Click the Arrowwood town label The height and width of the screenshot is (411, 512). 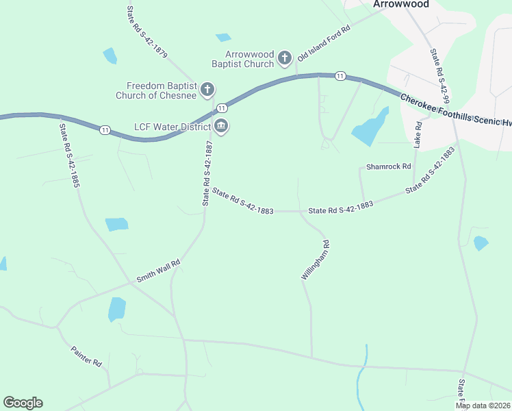pos(401,4)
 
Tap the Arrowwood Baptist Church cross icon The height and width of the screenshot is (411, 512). pos(285,60)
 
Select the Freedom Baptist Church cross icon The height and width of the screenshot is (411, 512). pos(207,90)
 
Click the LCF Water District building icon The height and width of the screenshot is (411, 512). pos(221,125)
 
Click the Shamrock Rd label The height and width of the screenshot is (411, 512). pos(388,166)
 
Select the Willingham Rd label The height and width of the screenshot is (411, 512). pos(316,260)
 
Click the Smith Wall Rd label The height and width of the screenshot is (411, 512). pos(158,271)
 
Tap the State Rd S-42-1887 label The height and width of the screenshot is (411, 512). pos(207,173)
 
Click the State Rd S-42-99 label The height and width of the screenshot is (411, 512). pos(439,76)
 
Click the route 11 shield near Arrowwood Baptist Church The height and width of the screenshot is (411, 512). pos(340,76)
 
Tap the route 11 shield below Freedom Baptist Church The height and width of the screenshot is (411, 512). pos(222,108)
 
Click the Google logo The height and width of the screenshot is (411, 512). pos(23,403)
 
